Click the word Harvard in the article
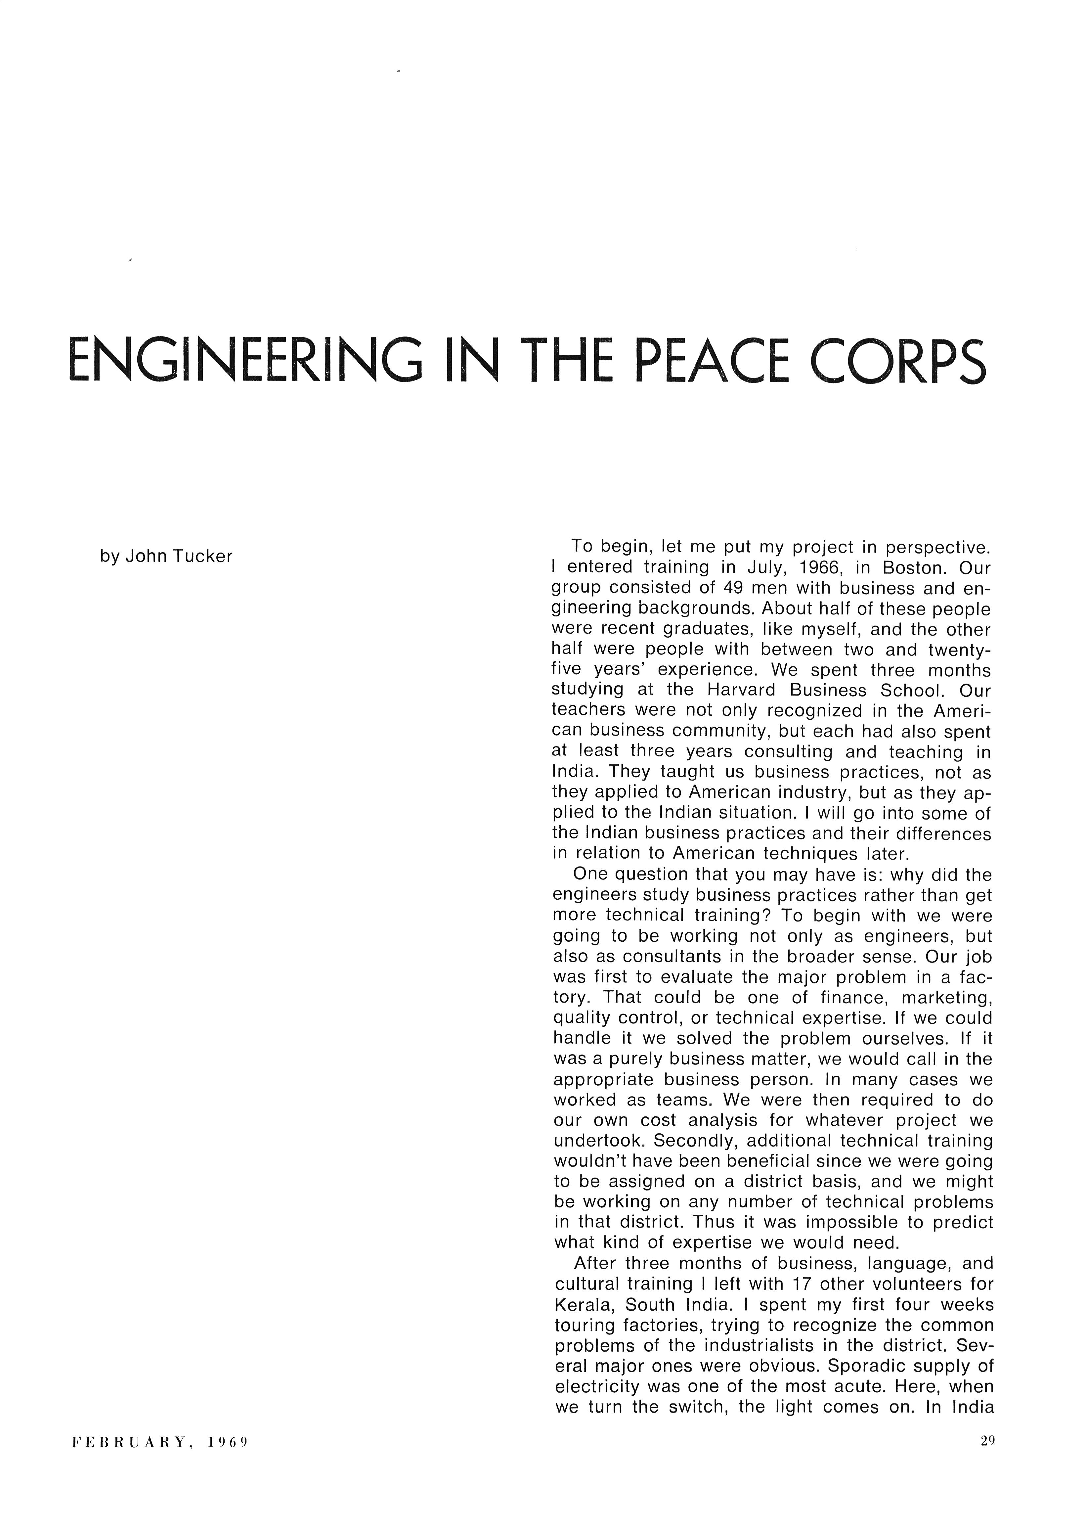pyautogui.click(x=741, y=690)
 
